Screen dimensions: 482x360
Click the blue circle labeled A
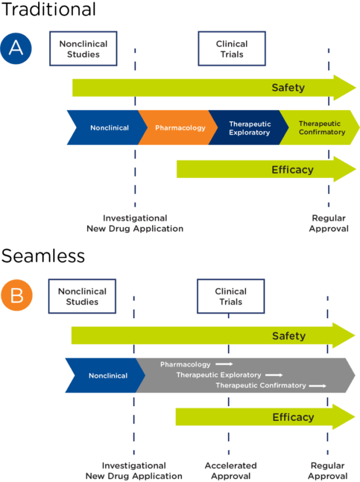[x=16, y=48]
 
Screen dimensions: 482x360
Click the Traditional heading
[x=48, y=10]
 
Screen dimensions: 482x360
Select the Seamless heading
[x=43, y=256]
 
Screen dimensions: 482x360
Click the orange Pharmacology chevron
[x=180, y=128]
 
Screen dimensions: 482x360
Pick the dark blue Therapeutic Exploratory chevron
[x=249, y=128]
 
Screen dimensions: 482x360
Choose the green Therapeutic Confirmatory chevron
[x=320, y=128]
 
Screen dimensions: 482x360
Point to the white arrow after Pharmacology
[x=224, y=364]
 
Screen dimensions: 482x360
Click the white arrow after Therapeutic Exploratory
[x=274, y=375]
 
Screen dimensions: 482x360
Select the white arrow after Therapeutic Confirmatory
[x=317, y=385]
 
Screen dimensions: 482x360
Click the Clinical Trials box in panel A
[x=231, y=49]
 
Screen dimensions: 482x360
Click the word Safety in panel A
[x=288, y=88]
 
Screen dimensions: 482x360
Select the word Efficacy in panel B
[x=293, y=417]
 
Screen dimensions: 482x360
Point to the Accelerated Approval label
[x=230, y=471]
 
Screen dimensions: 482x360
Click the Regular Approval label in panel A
[x=329, y=223]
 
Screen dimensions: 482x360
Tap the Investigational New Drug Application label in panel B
[x=134, y=471]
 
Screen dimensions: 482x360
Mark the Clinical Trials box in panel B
[x=231, y=297]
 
